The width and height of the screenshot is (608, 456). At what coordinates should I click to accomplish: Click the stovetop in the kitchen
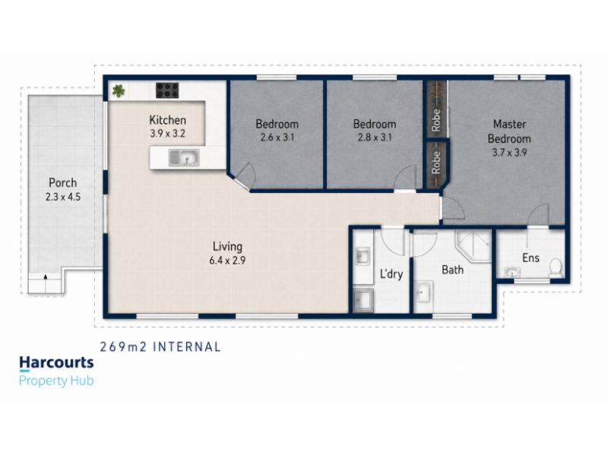coord(167,90)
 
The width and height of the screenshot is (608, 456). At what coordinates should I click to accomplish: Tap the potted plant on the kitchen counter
coord(119,90)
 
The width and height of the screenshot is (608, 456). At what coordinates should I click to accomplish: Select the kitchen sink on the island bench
coord(184,158)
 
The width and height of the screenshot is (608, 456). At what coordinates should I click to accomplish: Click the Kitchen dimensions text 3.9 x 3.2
coord(167,134)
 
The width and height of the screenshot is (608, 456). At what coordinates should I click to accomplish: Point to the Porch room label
coord(63,182)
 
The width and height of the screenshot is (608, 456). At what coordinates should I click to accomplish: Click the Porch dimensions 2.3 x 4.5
coord(63,197)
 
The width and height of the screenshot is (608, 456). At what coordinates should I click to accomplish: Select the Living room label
coord(227,246)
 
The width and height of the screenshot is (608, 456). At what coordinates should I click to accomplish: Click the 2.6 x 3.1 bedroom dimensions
coord(277,138)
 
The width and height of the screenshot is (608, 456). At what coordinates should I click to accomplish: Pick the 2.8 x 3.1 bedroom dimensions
coord(375,138)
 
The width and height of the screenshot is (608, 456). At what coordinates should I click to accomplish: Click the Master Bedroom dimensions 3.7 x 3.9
coord(509,153)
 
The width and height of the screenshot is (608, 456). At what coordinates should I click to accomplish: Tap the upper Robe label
coord(436,120)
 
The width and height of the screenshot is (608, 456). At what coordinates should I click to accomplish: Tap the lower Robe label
coord(436,163)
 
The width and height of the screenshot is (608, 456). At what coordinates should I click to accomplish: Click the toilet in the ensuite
coord(556,268)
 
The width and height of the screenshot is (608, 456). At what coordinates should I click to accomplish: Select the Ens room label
coord(530,258)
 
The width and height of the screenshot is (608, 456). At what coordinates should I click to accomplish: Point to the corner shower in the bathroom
coord(473,245)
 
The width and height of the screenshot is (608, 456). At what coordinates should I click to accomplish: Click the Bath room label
coord(452,270)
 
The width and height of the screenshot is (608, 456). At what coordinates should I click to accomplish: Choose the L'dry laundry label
coord(391,274)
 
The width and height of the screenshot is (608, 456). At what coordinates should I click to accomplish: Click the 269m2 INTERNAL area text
coord(160,347)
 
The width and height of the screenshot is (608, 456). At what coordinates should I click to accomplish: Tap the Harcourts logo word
coord(56,363)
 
